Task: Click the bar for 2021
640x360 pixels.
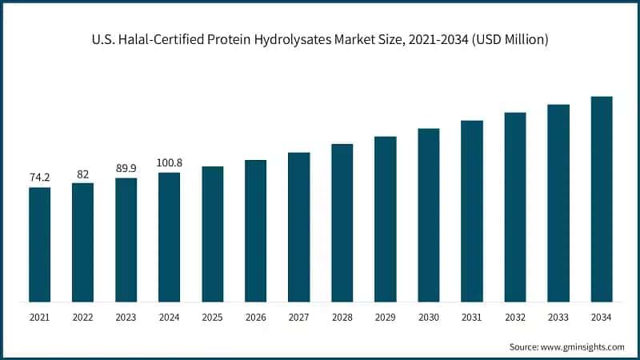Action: tap(39, 245)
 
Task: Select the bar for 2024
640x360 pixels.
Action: tap(169, 238)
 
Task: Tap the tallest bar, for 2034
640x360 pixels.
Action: tap(602, 199)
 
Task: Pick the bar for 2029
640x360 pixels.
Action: tap(385, 219)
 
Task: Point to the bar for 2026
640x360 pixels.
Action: tap(255, 231)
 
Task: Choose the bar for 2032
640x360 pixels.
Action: tap(515, 207)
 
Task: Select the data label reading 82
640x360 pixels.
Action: tap(82, 174)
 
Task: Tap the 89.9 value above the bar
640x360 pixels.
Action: tap(126, 168)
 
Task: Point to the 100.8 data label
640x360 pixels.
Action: tap(169, 162)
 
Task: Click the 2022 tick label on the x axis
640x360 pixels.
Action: tap(82, 318)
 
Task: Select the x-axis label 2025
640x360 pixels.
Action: tap(212, 318)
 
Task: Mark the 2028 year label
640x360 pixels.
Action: tap(342, 318)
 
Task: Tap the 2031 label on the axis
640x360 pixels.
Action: tap(472, 318)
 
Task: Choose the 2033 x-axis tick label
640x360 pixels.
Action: tap(558, 318)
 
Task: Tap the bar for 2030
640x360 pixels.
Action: tap(429, 215)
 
